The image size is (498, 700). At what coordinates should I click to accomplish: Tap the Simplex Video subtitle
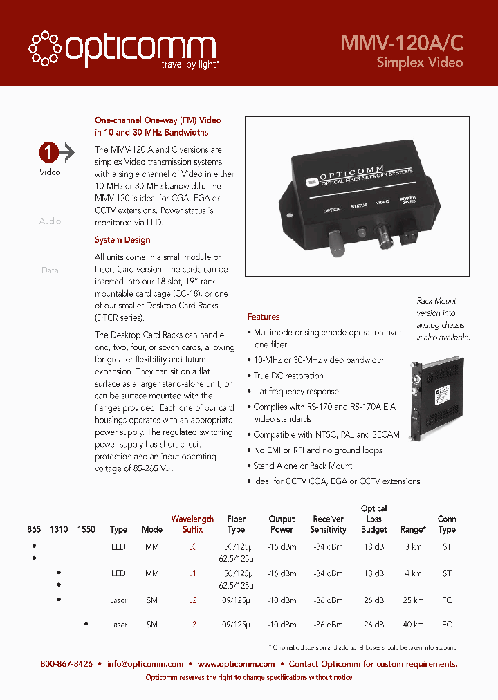pos(419,62)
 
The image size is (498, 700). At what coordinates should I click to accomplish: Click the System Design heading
pos(122,240)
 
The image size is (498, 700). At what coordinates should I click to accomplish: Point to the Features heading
pos(264,317)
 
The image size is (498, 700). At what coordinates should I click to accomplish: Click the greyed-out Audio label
pos(50,221)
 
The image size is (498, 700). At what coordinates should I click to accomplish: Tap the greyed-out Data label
pos(50,270)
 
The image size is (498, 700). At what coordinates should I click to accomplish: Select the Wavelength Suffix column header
pos(192,524)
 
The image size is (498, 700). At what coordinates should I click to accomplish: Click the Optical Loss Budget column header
pos(374,519)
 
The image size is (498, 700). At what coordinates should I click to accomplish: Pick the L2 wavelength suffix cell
pos(192,600)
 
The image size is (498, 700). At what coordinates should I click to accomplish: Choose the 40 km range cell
pos(413,625)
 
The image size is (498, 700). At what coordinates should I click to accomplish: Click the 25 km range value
pos(413,600)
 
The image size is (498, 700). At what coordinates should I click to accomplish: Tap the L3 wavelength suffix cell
pos(192,625)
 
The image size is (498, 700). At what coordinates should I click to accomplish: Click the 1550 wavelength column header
pos(86,530)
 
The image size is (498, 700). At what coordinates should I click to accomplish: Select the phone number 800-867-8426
pos(66,664)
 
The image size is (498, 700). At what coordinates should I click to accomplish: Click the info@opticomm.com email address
pos(145,664)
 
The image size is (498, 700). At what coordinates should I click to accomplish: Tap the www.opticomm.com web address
pos(236,664)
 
